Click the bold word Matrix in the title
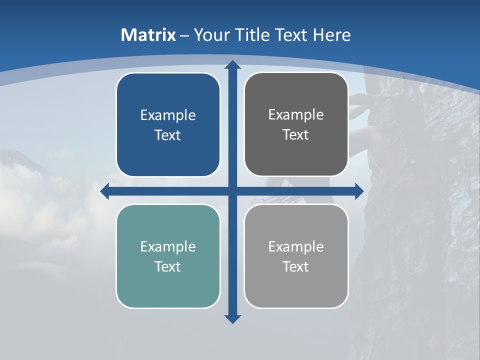148,35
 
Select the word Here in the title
332,35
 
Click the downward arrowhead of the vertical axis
232,318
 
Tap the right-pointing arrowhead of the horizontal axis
359,191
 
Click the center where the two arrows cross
232,191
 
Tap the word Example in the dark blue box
168,115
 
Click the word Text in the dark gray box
296,135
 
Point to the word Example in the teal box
168,246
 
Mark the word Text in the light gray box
296,266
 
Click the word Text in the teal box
168,266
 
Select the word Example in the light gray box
296,246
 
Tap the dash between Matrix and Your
184,35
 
